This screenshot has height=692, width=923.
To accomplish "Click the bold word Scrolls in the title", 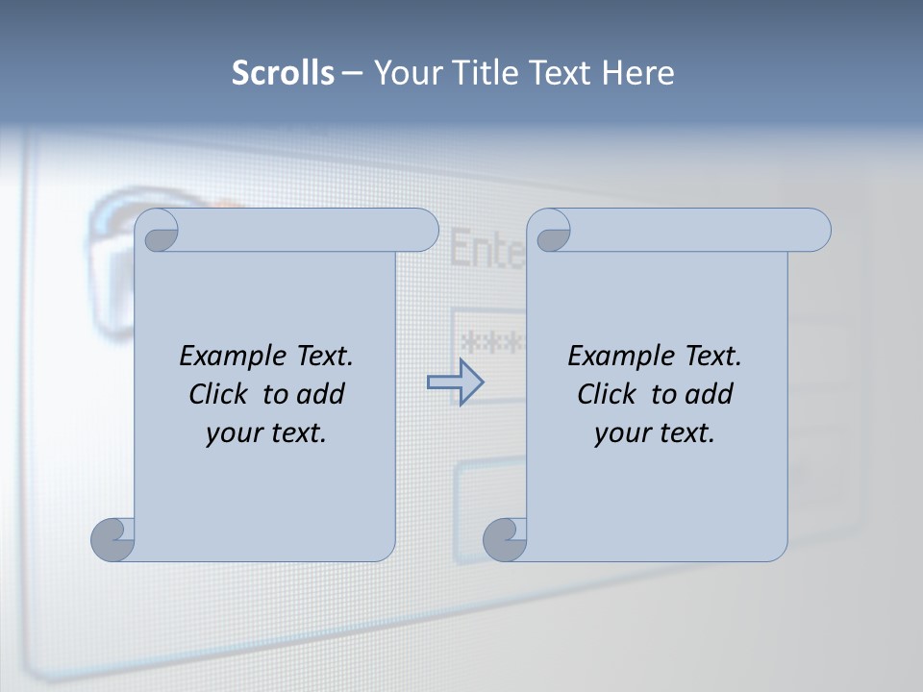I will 283,72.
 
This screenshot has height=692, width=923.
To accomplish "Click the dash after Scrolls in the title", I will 352,73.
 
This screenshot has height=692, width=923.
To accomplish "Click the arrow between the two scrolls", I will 455,383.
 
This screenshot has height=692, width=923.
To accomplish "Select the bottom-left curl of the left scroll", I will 112,539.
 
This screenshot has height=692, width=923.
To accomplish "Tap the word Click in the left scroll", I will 221,394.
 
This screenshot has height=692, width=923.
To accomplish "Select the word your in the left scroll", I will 234,433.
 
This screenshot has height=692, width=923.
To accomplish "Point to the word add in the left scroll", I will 321,394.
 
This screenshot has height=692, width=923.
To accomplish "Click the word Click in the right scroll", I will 610,394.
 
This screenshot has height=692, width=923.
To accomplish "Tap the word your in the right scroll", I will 622,433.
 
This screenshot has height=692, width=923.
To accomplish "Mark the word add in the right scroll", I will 710,394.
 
